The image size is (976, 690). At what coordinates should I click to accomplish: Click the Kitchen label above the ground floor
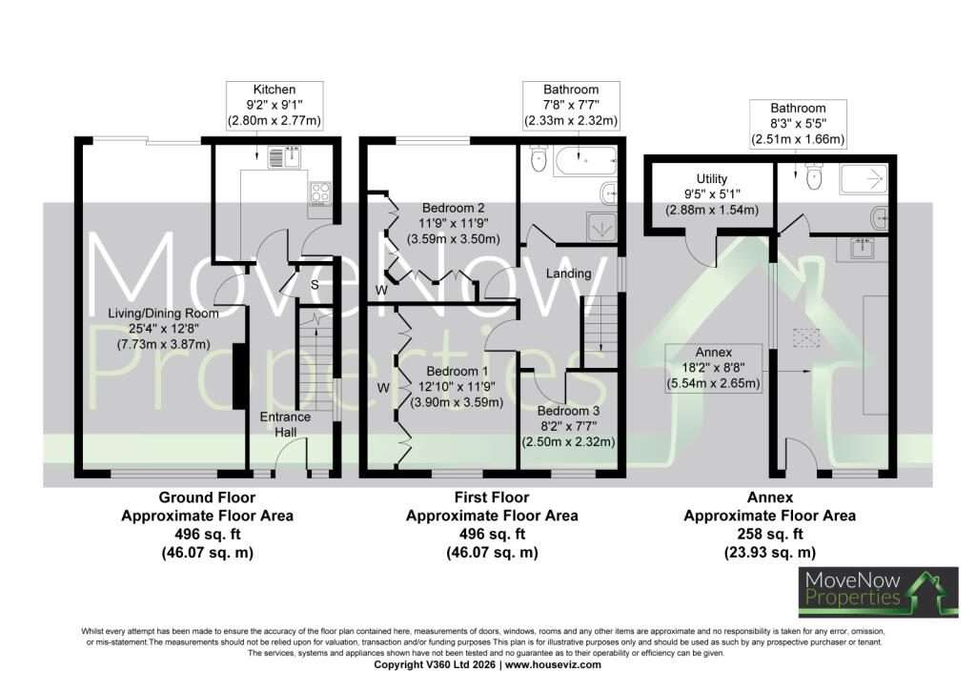coord(274,90)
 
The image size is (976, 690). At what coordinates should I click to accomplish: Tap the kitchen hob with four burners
coord(320,192)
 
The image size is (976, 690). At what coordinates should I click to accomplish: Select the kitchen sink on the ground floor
coord(284,157)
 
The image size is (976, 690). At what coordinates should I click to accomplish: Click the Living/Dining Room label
coord(163,314)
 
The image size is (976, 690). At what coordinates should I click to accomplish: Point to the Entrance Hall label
coord(285,424)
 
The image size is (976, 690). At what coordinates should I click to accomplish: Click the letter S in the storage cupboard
coord(315,285)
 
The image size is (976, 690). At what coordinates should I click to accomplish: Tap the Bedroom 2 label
coord(453,208)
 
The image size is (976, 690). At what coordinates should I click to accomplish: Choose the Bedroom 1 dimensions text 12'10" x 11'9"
coord(457,387)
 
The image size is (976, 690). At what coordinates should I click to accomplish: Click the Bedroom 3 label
coord(568,412)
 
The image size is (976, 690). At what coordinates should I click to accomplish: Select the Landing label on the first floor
coord(568,274)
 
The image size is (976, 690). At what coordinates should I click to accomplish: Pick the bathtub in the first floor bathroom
coord(585,161)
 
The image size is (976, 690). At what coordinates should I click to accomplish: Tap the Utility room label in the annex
coord(712,179)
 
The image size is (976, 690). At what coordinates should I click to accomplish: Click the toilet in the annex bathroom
coord(814,176)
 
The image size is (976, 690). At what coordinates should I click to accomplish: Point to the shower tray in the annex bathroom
coord(864,179)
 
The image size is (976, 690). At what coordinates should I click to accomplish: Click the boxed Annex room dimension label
coord(713,368)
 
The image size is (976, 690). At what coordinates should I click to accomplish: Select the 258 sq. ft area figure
coord(770,534)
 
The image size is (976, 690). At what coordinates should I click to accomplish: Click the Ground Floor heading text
coord(207,497)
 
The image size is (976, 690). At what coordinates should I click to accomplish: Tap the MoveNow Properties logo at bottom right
coord(878,592)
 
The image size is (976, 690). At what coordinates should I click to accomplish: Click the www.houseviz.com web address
coord(553,665)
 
